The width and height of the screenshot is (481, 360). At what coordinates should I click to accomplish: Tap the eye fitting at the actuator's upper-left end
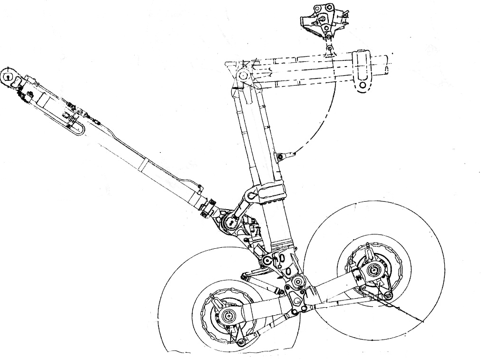9,76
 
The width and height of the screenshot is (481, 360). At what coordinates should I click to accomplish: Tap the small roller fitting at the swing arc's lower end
281,156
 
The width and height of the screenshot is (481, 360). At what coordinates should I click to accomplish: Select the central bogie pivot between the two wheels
298,282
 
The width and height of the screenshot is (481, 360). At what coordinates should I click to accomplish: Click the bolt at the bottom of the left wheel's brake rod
241,342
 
